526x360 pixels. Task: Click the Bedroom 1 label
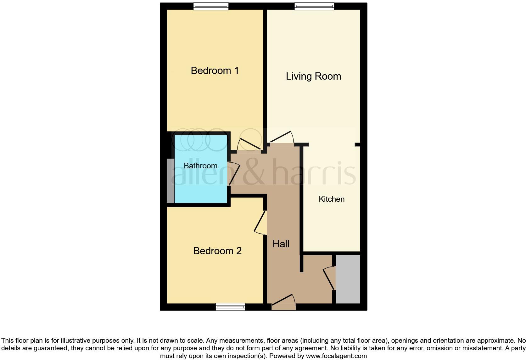pos(215,70)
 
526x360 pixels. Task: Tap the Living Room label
pos(313,76)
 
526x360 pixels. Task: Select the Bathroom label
pos(200,166)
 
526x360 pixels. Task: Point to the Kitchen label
pos(332,199)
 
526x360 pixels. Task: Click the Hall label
pos(281,244)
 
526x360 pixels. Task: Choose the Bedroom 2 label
pos(217,251)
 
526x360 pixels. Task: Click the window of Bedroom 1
pos(211,6)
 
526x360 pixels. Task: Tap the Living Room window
pos(314,6)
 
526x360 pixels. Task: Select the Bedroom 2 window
pos(230,307)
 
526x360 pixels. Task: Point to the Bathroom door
pos(233,174)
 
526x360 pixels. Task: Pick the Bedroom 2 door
pos(260,223)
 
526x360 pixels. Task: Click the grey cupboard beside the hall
pos(348,279)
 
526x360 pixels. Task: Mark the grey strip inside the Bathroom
pos(171,181)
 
